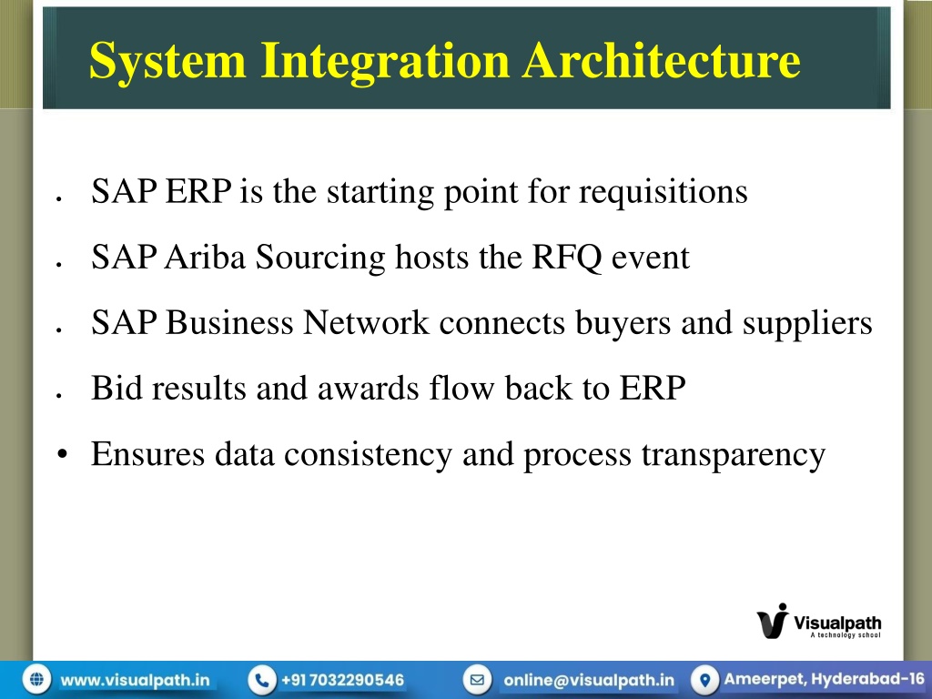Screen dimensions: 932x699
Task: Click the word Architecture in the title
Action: coord(662,60)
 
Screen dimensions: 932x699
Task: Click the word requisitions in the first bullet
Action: coord(664,193)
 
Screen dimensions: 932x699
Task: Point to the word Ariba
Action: coord(205,257)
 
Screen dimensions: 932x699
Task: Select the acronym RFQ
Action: coord(566,258)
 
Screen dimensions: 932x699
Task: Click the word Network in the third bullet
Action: coord(366,322)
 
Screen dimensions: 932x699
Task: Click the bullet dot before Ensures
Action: coord(63,455)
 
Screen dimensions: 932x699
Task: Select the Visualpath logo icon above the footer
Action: coord(774,621)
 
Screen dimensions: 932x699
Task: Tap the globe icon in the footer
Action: coord(36,679)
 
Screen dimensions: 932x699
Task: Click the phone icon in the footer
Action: coord(261,679)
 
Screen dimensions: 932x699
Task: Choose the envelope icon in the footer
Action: coord(477,679)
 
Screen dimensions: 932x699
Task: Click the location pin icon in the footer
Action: coord(705,679)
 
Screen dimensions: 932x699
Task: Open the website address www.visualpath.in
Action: coord(135,680)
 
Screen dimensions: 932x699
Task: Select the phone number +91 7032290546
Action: coord(342,680)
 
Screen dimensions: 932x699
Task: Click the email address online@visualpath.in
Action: coord(589,680)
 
